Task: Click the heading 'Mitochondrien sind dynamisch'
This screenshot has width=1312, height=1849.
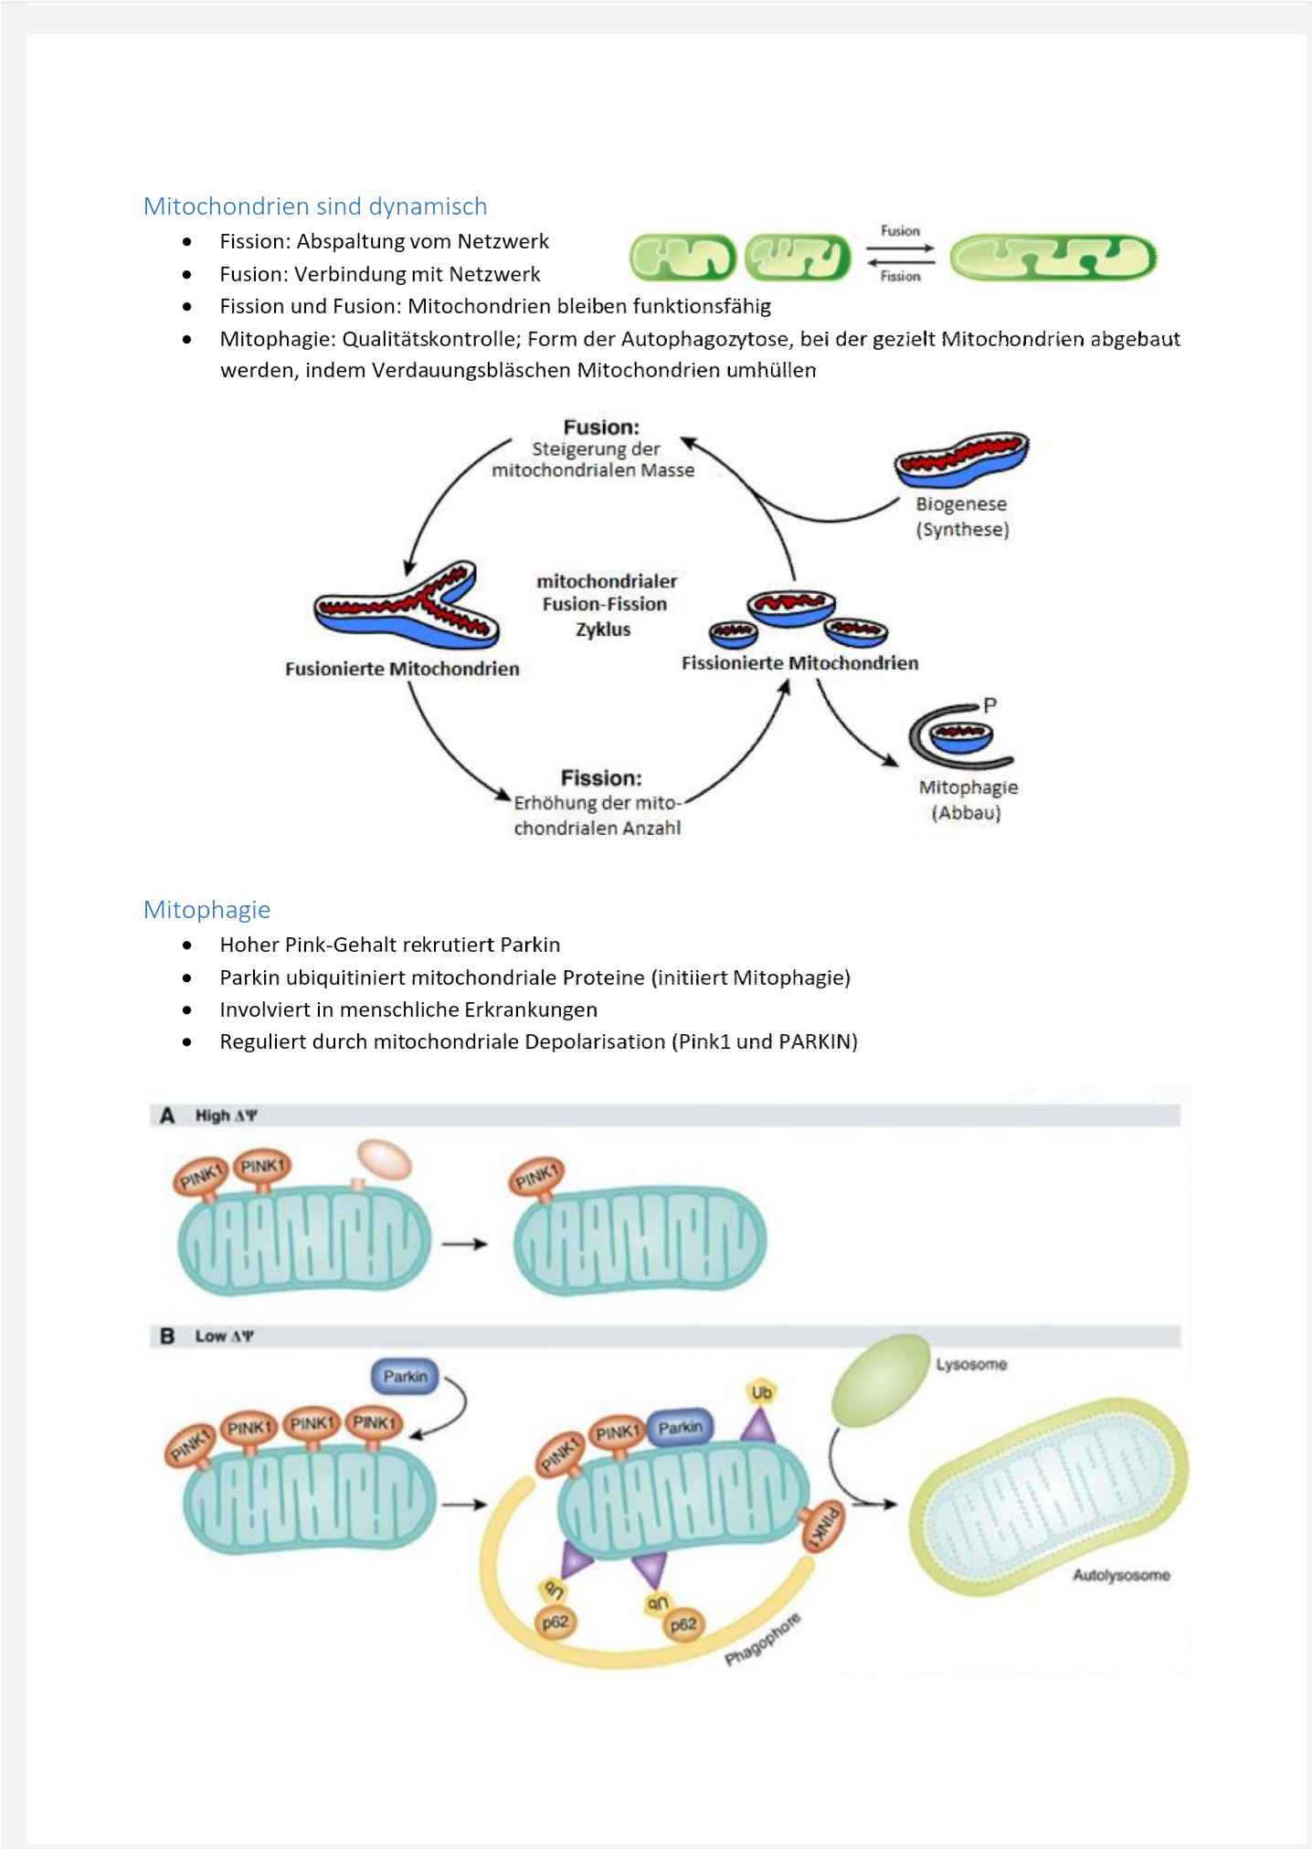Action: tap(315, 206)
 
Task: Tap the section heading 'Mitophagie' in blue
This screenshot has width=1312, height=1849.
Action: tap(207, 910)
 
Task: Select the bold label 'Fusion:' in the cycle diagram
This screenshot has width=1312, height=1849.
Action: tap(601, 427)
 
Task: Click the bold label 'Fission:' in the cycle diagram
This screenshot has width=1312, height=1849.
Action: tap(601, 777)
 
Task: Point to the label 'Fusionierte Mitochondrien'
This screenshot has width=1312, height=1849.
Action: tap(402, 669)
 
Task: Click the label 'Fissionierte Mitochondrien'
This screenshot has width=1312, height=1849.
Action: tap(799, 663)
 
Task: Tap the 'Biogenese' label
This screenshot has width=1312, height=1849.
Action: tap(961, 504)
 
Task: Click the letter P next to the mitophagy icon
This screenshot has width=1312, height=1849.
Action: tap(989, 705)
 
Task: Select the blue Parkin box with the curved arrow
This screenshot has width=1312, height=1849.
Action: tap(406, 1376)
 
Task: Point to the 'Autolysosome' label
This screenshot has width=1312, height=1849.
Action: tap(1121, 1575)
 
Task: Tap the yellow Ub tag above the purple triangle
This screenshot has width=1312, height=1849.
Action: tap(761, 1393)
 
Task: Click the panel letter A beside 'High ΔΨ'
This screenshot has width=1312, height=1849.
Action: tap(167, 1115)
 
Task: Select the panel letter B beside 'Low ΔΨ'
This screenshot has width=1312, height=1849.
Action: tap(167, 1336)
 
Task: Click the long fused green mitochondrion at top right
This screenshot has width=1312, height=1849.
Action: tap(1053, 257)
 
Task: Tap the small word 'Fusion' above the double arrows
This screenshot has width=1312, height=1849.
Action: tap(900, 231)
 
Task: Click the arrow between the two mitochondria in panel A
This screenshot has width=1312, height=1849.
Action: tap(465, 1243)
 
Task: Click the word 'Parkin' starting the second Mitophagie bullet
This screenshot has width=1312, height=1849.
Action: tap(249, 977)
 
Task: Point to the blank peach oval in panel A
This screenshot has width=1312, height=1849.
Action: tap(385, 1159)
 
